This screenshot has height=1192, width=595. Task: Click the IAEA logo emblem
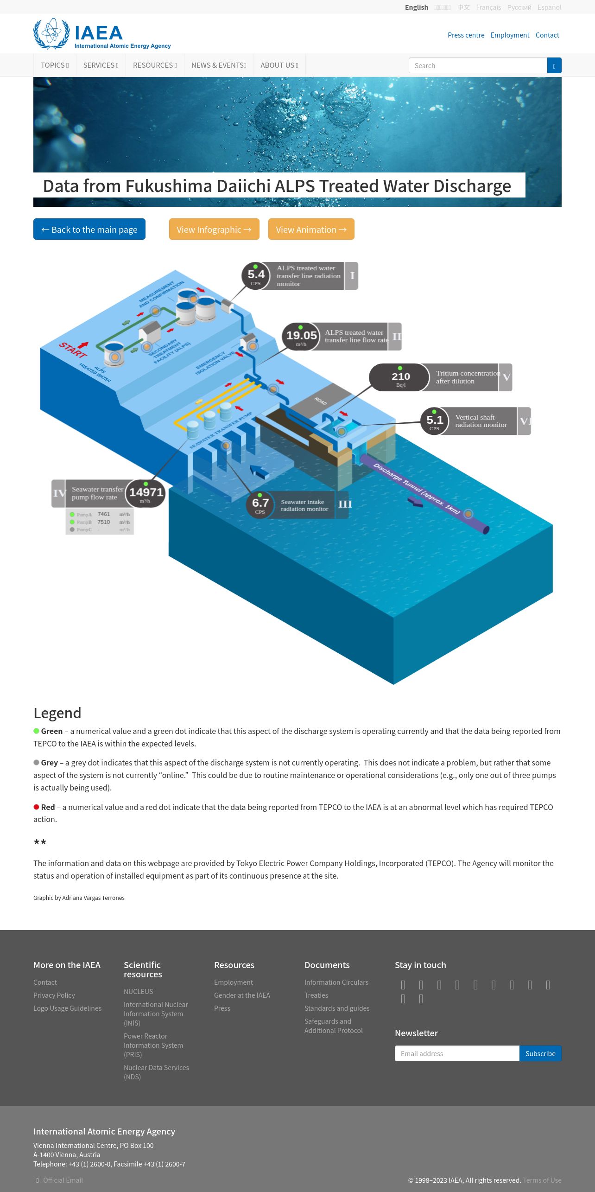click(x=51, y=33)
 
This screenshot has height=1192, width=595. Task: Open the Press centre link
click(x=466, y=35)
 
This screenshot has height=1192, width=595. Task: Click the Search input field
click(x=478, y=65)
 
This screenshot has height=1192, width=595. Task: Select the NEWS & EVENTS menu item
click(x=219, y=65)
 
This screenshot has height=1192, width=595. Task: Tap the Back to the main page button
click(x=89, y=229)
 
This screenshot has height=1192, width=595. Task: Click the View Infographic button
click(x=214, y=229)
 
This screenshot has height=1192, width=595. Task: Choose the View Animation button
click(x=311, y=229)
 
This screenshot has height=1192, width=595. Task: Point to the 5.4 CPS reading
click(x=256, y=276)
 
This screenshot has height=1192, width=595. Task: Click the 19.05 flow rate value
click(x=301, y=336)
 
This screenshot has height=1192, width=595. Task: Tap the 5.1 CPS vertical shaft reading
click(x=435, y=421)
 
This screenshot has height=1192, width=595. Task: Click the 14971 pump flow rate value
click(x=146, y=493)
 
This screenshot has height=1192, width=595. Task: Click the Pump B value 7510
click(x=104, y=522)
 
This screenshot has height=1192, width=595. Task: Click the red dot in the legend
click(x=36, y=807)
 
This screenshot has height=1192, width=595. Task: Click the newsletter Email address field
click(x=457, y=1053)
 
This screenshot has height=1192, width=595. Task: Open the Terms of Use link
click(x=542, y=1180)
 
